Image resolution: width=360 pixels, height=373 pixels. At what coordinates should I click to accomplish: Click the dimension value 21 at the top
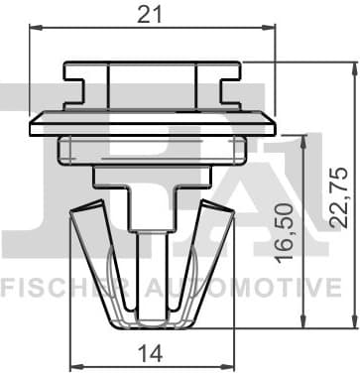[152, 13]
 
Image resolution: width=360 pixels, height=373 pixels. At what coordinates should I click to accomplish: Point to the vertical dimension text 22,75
[339, 196]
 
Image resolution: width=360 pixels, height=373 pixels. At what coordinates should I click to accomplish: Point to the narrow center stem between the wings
[152, 248]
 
